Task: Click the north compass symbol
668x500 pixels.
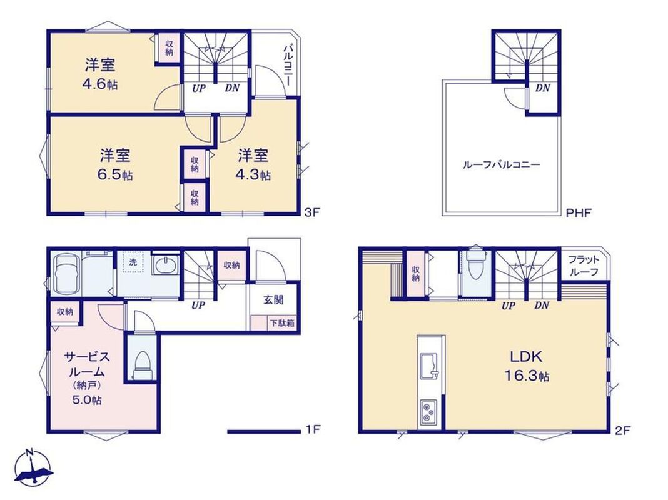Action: click(x=34, y=467)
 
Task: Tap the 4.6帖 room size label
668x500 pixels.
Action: click(x=100, y=84)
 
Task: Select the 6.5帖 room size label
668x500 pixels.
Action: click(x=115, y=174)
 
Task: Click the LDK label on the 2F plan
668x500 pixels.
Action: click(x=527, y=356)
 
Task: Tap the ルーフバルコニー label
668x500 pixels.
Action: click(x=502, y=164)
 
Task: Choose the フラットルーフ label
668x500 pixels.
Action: click(x=584, y=266)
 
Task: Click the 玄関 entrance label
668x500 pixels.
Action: click(x=273, y=299)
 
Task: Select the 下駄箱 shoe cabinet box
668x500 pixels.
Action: click(x=281, y=323)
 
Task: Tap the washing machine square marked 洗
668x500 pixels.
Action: click(x=133, y=262)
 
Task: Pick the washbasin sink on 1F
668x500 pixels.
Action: click(x=166, y=266)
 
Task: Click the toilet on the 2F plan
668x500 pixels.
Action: click(x=474, y=264)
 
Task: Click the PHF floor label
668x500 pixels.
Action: click(x=579, y=212)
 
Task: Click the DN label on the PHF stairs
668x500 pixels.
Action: click(x=542, y=89)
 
